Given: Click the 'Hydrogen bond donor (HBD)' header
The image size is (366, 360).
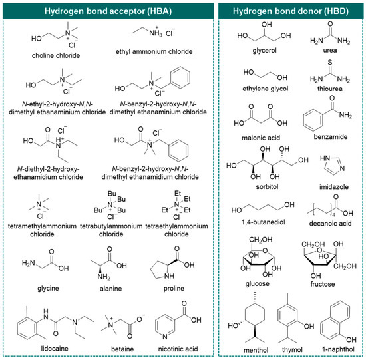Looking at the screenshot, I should tap(291, 12).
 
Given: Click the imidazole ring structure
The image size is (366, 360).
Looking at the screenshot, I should tap(326, 164).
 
